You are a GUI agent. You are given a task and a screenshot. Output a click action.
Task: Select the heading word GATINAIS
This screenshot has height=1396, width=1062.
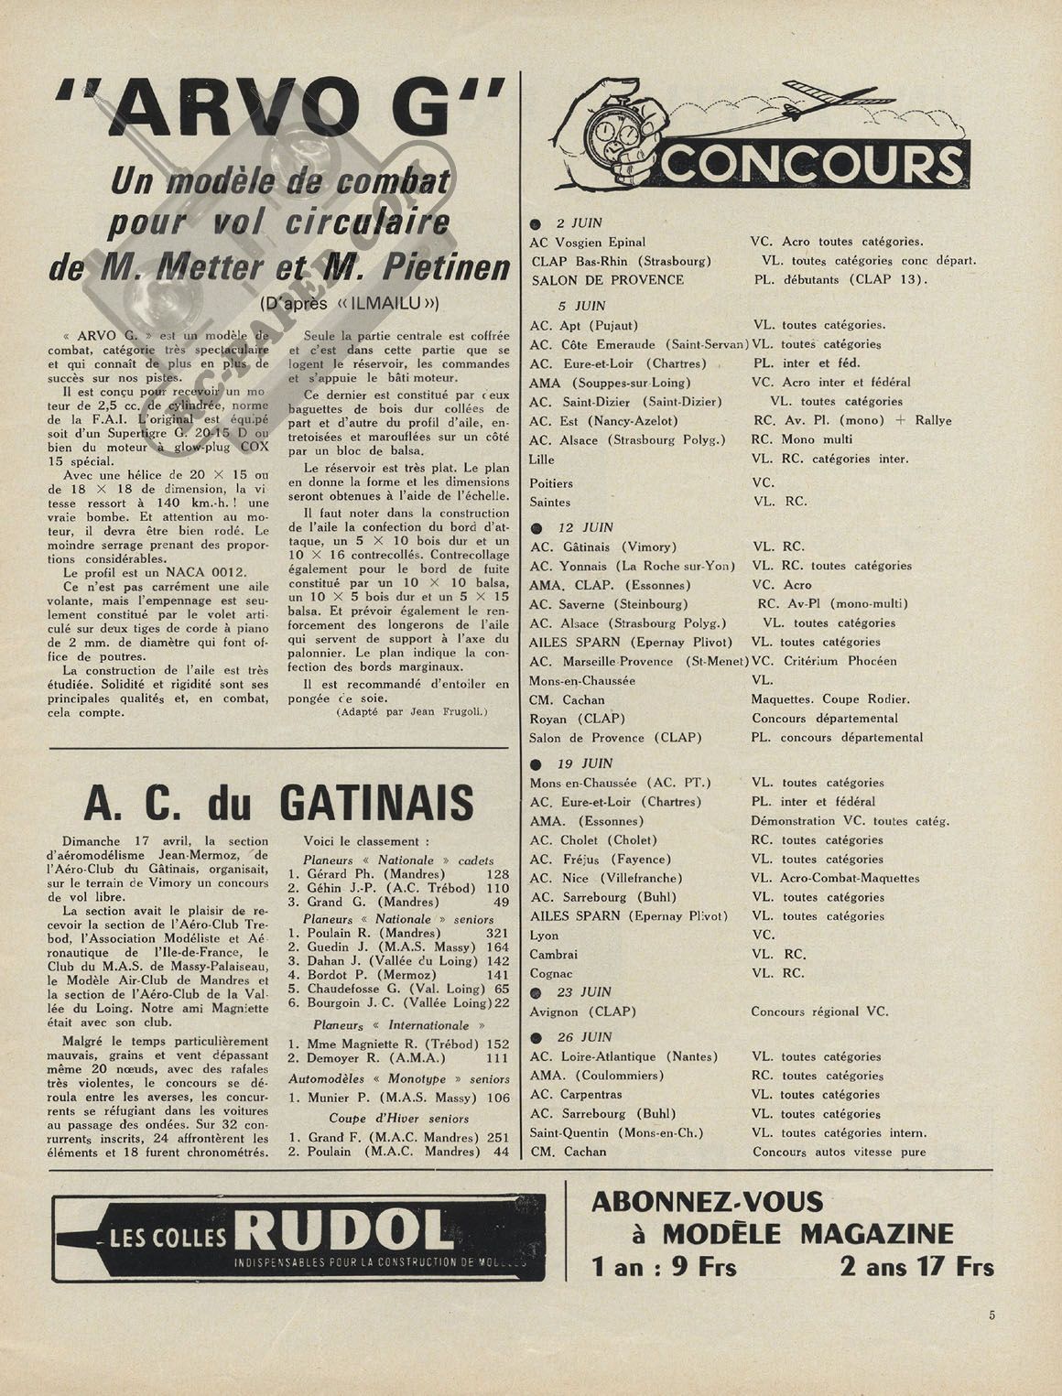point(376,803)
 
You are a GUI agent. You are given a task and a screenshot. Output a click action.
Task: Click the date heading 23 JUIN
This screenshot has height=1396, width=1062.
point(584,991)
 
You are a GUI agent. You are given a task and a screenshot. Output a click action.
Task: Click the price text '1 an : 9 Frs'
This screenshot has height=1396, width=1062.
point(664,1267)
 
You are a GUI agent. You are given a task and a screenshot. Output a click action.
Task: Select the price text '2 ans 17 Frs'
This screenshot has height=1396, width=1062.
point(916,1267)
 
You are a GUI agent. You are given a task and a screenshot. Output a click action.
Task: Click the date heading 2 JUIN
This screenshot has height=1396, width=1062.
point(580,222)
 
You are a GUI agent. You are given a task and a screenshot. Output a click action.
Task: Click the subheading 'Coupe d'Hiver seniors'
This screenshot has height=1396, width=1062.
point(398,1118)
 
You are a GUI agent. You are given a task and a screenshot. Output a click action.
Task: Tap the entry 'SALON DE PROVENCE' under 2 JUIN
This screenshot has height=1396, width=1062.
point(607,280)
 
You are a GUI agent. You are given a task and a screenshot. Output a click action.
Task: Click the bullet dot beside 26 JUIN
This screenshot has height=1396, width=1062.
point(537,1037)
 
